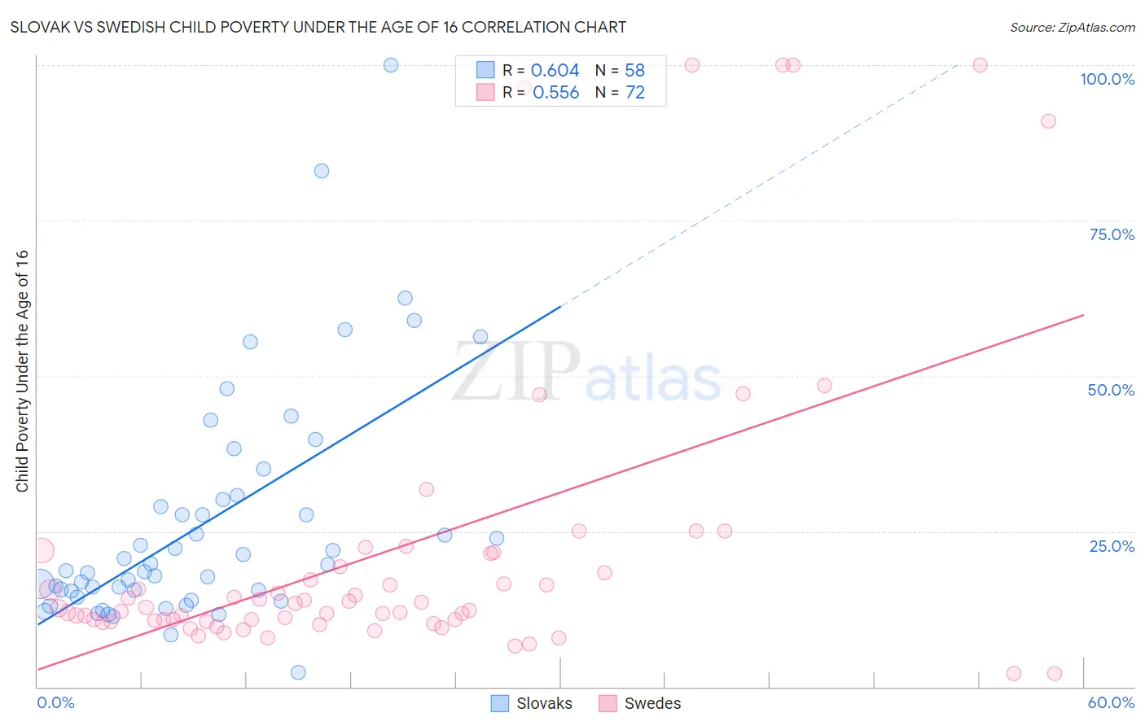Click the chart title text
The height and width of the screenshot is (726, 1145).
(x=318, y=27)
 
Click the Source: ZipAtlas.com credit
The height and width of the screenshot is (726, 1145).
(x=1072, y=27)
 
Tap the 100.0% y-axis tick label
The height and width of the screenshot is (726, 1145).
(x=1107, y=79)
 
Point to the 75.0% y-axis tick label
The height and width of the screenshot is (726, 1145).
(x=1112, y=234)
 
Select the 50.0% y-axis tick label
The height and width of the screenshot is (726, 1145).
(x=1111, y=390)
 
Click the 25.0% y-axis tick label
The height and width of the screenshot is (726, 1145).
(x=1112, y=545)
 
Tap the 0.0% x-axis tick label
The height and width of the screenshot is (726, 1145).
(x=55, y=702)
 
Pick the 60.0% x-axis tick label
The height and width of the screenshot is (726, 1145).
(x=1111, y=702)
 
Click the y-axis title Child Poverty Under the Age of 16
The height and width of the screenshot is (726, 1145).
(x=22, y=370)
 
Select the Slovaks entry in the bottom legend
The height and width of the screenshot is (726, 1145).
(x=543, y=703)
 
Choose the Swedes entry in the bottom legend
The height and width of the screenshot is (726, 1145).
(x=651, y=703)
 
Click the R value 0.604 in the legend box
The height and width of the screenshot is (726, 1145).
(x=555, y=71)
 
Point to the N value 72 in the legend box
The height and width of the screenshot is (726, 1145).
(x=634, y=93)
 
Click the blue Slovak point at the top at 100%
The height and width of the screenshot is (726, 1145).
(x=391, y=65)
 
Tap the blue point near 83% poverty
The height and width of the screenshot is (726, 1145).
(x=322, y=171)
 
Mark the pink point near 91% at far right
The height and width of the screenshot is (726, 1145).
(x=1048, y=121)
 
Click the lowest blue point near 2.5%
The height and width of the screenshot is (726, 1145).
(x=298, y=672)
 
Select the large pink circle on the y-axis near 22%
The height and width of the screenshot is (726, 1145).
(x=42, y=551)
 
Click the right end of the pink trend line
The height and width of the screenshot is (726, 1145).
(x=1083, y=314)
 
